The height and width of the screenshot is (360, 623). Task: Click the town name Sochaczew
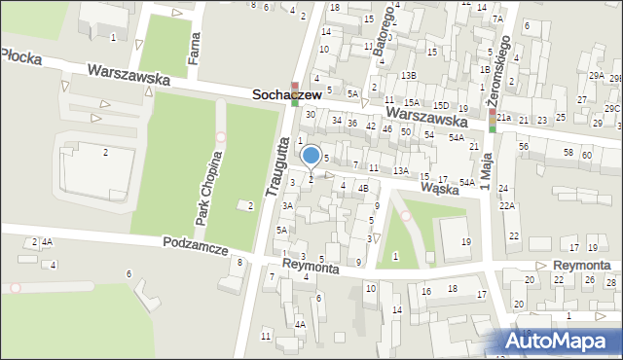click(287, 95)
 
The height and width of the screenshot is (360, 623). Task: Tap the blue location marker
click(311, 156)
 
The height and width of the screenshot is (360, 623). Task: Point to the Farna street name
click(195, 44)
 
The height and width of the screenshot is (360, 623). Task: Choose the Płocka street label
click(21, 57)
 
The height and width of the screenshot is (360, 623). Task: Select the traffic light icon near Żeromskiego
click(493, 120)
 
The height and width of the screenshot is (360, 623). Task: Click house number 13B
click(409, 75)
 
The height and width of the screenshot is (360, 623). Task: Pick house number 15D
click(441, 105)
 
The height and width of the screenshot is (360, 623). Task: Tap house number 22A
click(507, 206)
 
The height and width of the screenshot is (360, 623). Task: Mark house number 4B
click(363, 188)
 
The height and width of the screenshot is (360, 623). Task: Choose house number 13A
click(400, 170)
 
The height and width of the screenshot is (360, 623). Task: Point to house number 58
click(568, 153)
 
